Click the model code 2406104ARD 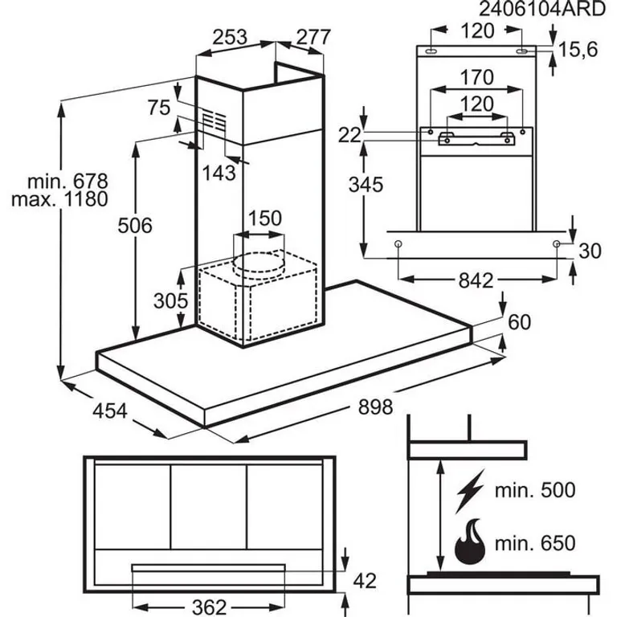pyautogui.click(x=541, y=9)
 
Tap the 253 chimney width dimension pyautogui.click(x=230, y=37)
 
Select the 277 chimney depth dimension pyautogui.click(x=313, y=38)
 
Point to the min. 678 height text pyautogui.click(x=67, y=182)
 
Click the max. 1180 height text pyautogui.click(x=59, y=199)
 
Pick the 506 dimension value pyautogui.click(x=135, y=226)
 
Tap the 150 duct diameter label pyautogui.click(x=265, y=219)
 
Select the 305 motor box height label pyautogui.click(x=171, y=301)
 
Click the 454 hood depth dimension pyautogui.click(x=110, y=411)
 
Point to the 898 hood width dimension pyautogui.click(x=375, y=407)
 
